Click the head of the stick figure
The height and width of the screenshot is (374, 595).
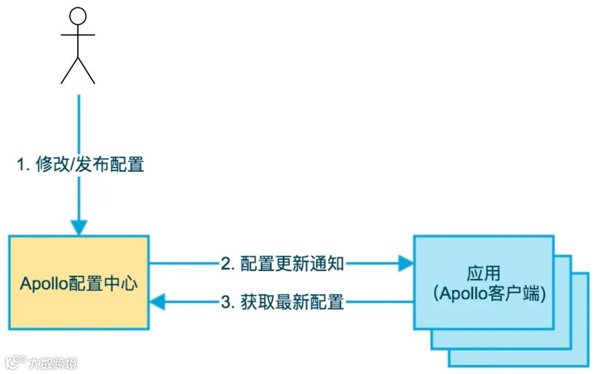[x=78, y=16]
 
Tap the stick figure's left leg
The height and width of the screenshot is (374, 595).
[x=69, y=70]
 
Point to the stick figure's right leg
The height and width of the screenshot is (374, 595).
[x=86, y=70]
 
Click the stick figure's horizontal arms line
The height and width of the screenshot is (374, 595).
[x=78, y=35]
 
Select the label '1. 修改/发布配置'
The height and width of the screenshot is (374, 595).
[x=80, y=164]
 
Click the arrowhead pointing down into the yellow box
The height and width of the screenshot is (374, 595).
[x=79, y=227]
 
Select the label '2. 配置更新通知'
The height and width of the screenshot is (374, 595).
[x=282, y=264]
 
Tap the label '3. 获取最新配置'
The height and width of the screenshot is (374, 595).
[x=282, y=302]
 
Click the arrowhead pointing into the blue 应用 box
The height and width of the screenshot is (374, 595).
[x=407, y=264]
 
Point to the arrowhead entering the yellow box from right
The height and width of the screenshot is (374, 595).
[x=157, y=301]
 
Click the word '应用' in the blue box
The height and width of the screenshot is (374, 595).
[x=483, y=274]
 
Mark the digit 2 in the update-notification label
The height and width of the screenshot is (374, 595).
[x=225, y=264]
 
